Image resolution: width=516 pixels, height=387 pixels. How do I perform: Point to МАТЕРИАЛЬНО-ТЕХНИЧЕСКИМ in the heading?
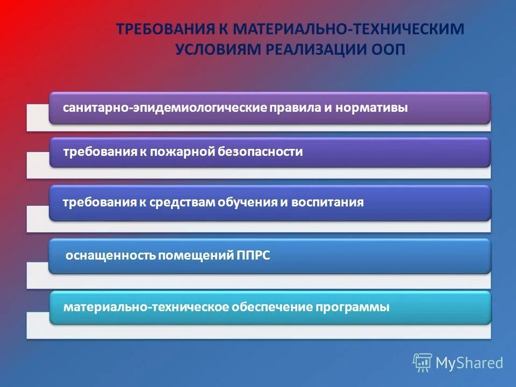[x=349, y=28]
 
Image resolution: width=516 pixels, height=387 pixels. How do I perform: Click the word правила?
[x=295, y=108]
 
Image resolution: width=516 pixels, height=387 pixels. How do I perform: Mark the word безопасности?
[x=261, y=152]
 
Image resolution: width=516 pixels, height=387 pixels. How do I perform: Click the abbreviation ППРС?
[x=253, y=256]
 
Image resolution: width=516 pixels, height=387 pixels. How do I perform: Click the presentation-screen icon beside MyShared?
[x=422, y=363]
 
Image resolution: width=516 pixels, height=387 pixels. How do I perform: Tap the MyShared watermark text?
[x=469, y=363]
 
